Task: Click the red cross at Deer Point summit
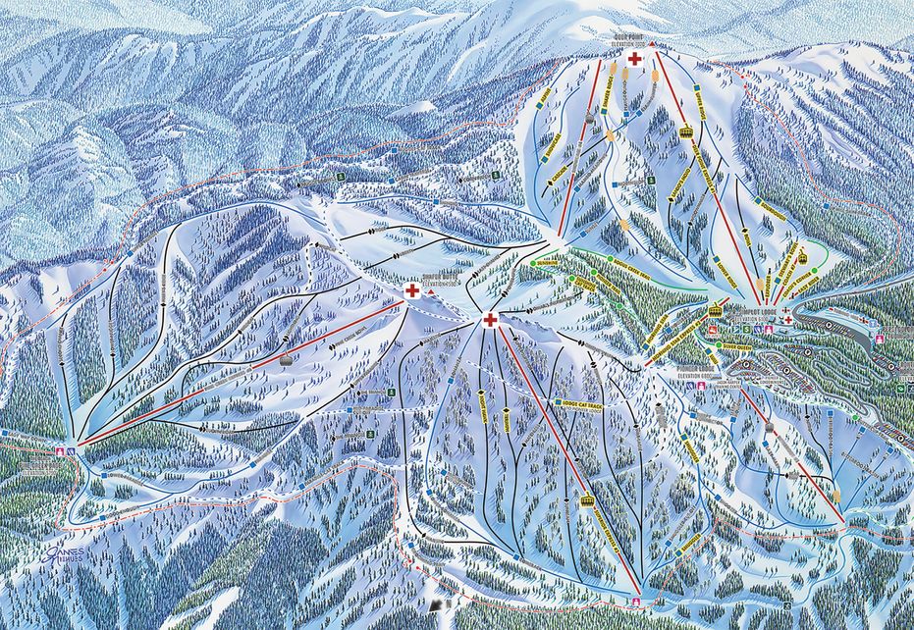click(634, 60)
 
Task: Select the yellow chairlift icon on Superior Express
click(588, 500)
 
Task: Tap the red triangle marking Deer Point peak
click(650, 44)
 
